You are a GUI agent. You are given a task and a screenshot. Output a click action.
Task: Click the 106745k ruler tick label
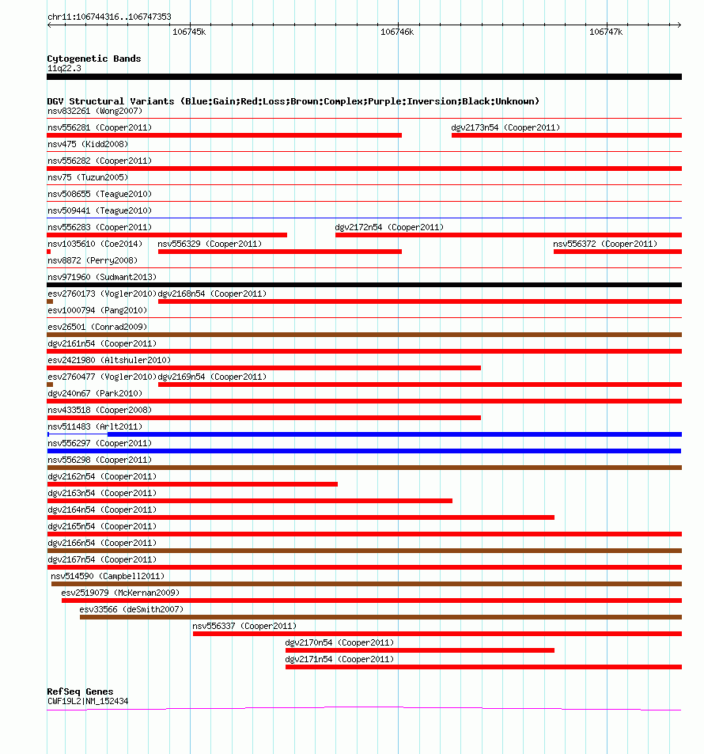[x=189, y=32]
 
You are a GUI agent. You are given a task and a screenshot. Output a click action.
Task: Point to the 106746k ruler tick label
[x=397, y=32]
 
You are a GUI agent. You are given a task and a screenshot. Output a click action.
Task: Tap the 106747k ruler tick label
[x=606, y=32]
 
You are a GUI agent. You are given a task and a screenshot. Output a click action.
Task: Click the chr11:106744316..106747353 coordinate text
[x=109, y=17]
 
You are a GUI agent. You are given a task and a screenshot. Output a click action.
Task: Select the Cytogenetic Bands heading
[x=94, y=59]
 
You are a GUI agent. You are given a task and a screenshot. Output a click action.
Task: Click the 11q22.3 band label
[x=64, y=68]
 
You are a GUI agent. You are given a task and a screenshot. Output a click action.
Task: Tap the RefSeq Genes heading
[x=80, y=691]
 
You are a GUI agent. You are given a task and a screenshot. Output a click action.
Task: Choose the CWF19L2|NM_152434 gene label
[x=88, y=701]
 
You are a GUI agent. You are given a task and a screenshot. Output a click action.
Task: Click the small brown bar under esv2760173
[x=50, y=301]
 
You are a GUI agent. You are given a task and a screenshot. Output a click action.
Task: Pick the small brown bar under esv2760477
[x=50, y=385]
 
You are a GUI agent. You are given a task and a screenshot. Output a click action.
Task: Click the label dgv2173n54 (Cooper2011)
[x=505, y=127]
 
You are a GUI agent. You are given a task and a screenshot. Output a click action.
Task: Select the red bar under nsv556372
[x=617, y=252]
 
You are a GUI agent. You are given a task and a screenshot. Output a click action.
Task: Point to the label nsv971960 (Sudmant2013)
[x=102, y=277]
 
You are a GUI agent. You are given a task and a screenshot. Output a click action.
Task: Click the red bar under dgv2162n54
[x=192, y=484]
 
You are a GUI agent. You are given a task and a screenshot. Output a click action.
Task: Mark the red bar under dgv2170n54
[x=419, y=650]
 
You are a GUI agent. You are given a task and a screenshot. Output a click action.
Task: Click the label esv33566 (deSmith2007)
[x=131, y=609]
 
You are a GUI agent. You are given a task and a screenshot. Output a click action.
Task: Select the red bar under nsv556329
[x=280, y=252]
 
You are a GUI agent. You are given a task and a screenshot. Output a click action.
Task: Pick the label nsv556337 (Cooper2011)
[x=244, y=626]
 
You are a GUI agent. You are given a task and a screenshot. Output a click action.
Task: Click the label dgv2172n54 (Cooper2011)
[x=389, y=227]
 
